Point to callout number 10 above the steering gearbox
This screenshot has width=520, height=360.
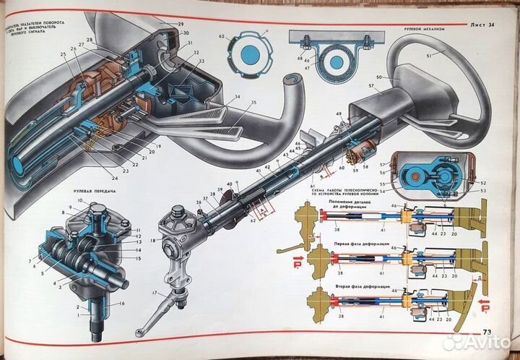coord(80,200)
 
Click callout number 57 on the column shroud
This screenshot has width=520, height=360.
coord(370,85)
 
